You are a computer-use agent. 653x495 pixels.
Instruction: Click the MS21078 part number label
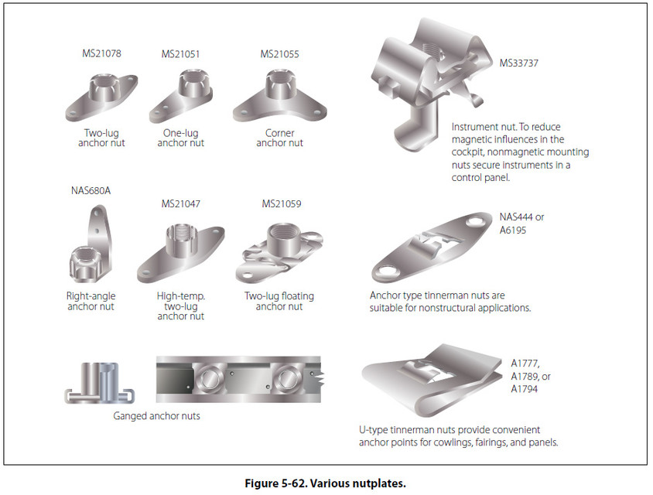click(x=101, y=54)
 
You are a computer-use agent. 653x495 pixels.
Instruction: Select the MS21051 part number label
click(x=181, y=54)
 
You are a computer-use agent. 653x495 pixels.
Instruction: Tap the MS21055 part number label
click(x=280, y=54)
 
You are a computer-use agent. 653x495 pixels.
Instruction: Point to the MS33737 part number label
click(x=518, y=63)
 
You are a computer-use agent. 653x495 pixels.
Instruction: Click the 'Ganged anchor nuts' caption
click(x=157, y=416)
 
